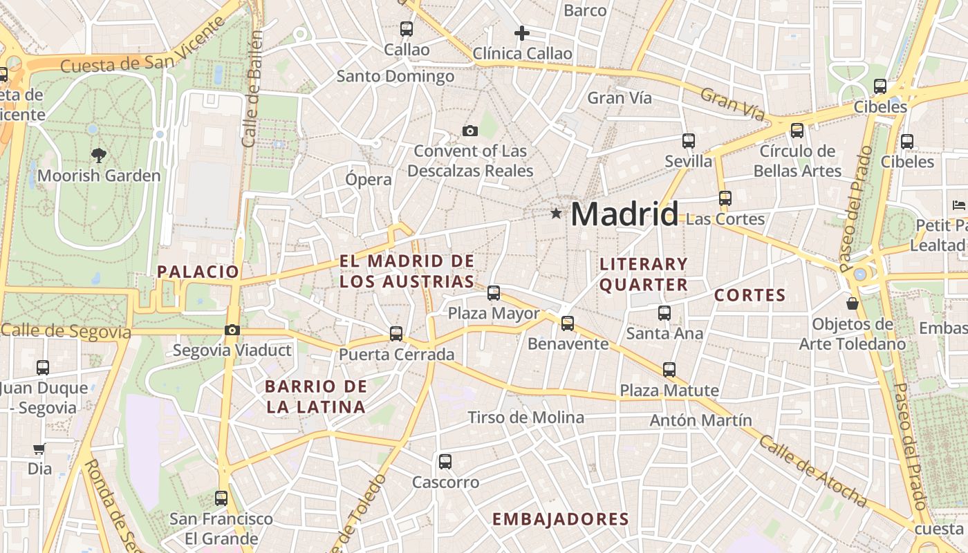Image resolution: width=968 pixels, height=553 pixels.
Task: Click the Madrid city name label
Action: pos(624,214)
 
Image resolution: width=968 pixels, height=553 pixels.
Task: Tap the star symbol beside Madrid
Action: pos(556,214)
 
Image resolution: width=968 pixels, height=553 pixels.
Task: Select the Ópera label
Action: pos(369,180)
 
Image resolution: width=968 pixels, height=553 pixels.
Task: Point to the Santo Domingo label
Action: pos(395,76)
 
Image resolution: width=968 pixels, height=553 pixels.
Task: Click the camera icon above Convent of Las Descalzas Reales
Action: pos(470,131)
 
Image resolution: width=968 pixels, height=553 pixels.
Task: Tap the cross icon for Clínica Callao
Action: pos(522,32)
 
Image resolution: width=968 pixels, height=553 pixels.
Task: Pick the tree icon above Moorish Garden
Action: pos(99,156)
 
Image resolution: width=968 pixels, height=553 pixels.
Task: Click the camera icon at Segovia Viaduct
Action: pos(232,330)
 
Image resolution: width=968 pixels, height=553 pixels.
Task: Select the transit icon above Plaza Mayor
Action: pos(494,293)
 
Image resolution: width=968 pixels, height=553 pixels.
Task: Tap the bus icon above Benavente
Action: pos(568,323)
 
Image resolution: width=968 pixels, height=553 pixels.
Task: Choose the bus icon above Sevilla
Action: pos(688,141)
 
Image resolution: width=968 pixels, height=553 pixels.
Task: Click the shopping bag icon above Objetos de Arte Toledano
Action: pos(853,303)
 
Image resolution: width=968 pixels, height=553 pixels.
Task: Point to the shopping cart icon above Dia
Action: pos(39,449)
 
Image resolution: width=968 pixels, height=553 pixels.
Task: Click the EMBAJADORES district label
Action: pos(560,519)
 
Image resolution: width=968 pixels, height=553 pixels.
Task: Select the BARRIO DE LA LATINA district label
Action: pos(316,397)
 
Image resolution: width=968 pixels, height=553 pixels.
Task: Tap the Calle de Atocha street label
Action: pos(812,470)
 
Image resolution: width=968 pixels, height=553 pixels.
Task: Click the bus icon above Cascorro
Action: pos(445,461)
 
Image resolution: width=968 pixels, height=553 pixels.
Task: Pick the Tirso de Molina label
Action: pos(525,418)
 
